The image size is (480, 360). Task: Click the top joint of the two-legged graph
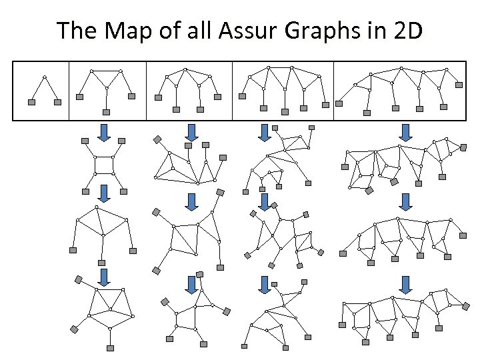pyautogui.click(x=44, y=77)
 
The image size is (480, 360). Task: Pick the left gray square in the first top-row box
pyautogui.click(x=31, y=102)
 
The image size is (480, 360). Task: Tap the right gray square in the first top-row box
pyautogui.click(x=57, y=102)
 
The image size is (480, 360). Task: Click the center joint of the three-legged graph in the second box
pyautogui.click(x=107, y=87)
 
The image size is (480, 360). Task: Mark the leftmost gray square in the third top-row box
pyautogui.click(x=158, y=97)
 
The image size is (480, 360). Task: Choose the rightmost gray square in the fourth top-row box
pyautogui.click(x=325, y=105)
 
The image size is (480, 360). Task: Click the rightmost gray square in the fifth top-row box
pyautogui.click(x=459, y=85)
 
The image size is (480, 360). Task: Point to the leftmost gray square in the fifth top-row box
pyautogui.click(x=339, y=103)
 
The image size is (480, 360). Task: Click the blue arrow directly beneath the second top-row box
pyautogui.click(x=104, y=132)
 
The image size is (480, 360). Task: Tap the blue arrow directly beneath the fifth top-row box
pyautogui.click(x=404, y=132)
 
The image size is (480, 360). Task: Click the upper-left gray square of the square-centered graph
pyautogui.click(x=85, y=141)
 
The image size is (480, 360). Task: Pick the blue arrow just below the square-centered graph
pyautogui.click(x=104, y=193)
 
